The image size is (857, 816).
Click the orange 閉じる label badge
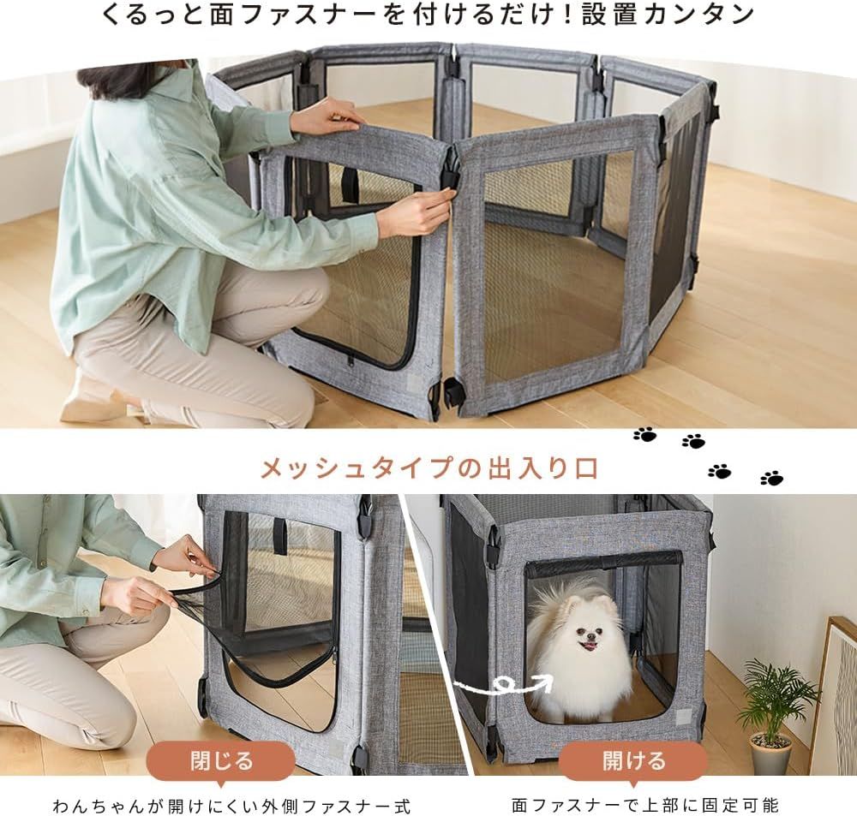click(221, 761)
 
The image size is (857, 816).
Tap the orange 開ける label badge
click(633, 761)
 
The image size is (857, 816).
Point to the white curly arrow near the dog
click(503, 682)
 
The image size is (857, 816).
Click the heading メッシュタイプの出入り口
click(429, 468)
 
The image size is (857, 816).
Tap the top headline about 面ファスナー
click(428, 15)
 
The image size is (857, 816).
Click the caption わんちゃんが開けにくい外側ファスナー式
click(231, 805)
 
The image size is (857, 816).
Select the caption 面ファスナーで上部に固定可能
click(645, 805)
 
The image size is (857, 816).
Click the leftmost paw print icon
click(645, 435)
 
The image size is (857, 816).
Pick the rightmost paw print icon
click(772, 478)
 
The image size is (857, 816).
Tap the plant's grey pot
click(770, 753)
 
